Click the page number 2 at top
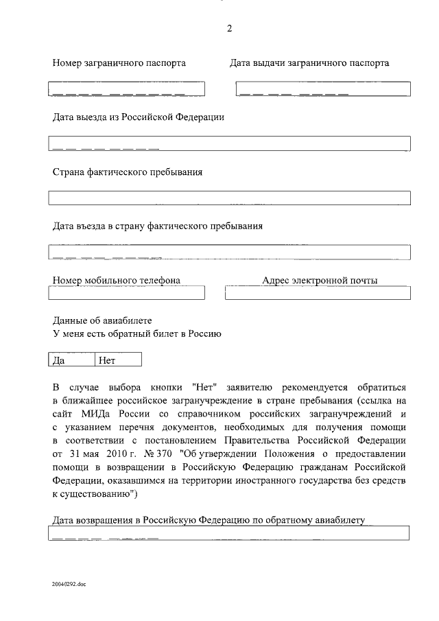pos(229,28)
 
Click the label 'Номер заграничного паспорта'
pos(119,63)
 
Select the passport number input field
pos(126,89)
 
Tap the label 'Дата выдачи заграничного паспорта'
pos(309,63)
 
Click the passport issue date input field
pos(323,89)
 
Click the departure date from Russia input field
pos(229,143)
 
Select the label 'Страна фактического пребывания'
pos(128,172)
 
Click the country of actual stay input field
pos(229,198)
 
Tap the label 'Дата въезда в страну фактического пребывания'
pos(158,226)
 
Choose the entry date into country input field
pos(229,252)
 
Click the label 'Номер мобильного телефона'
pos(117,280)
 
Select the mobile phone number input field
pos(126,293)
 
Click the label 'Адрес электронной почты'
pos(320,280)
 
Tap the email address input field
pos(318,293)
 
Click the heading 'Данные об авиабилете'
pos(102,320)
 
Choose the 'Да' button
pos(71,359)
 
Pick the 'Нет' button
pos(117,359)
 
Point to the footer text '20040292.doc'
pos(69,584)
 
